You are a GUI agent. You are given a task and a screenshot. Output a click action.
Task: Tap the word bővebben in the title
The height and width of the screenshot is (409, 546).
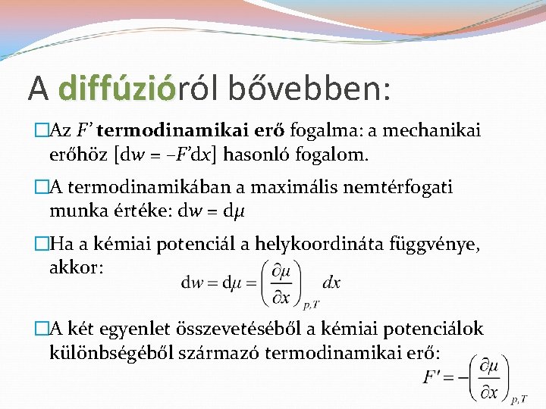(x=317, y=89)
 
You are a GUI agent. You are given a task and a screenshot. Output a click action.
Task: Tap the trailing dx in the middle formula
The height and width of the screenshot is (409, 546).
(x=331, y=283)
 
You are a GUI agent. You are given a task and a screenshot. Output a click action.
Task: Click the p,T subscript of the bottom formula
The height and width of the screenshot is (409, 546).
(x=518, y=398)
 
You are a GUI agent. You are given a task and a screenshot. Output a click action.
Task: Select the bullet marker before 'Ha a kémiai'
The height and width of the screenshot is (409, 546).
(x=42, y=244)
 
